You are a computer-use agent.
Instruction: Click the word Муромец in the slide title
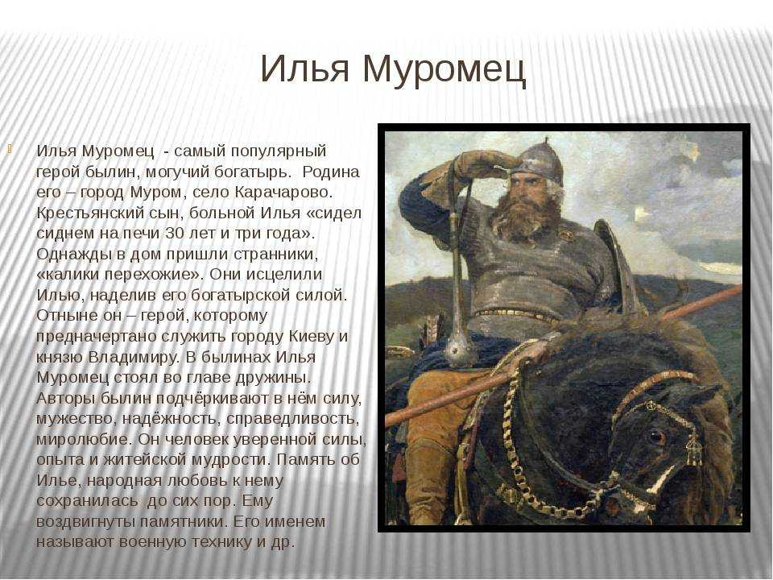[x=444, y=70]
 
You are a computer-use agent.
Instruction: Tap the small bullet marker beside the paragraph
[x=10, y=147]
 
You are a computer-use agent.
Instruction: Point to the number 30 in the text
[x=175, y=234]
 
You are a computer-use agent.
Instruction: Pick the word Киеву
[x=312, y=337]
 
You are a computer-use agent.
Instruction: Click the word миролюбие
[x=83, y=439]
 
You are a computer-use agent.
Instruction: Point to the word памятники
[x=184, y=521]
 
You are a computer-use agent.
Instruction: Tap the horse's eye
[x=655, y=436]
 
